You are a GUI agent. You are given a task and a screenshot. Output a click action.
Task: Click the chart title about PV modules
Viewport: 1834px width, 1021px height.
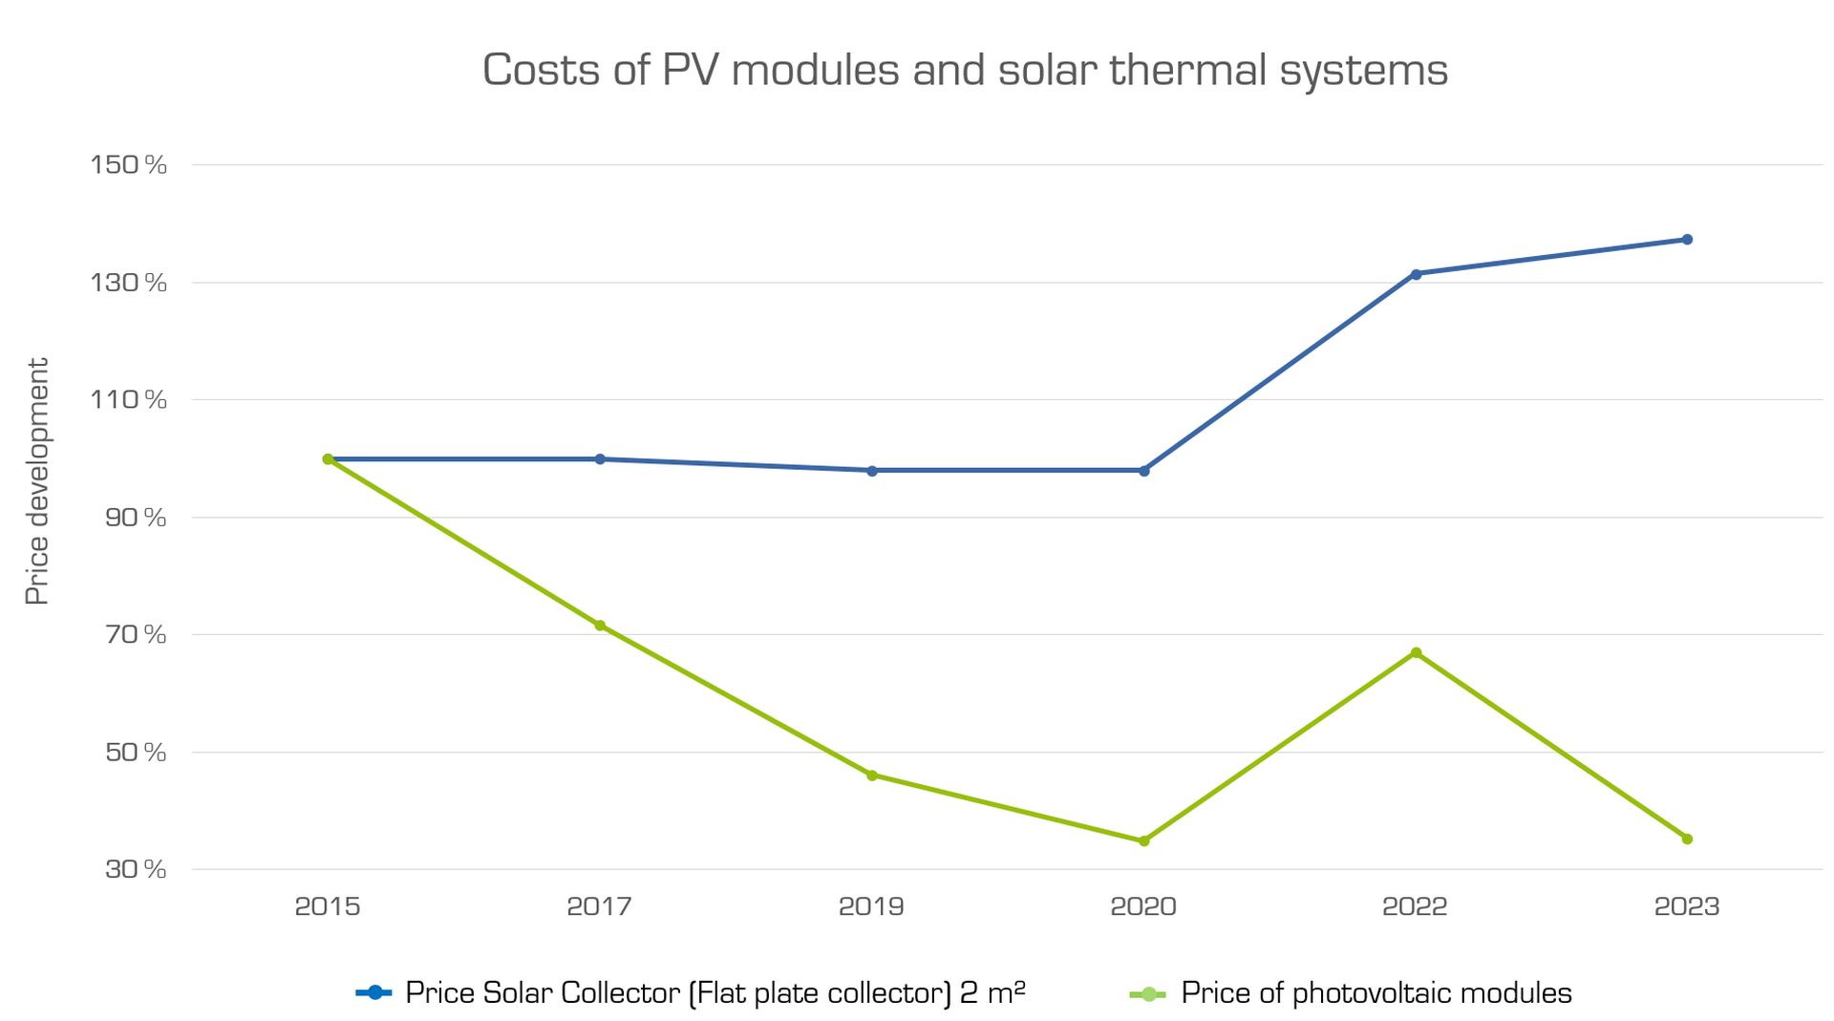click(965, 71)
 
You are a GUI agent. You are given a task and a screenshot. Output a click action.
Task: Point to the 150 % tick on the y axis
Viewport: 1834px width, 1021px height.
click(129, 165)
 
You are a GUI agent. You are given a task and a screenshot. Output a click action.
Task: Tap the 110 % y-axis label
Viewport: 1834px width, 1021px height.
click(129, 399)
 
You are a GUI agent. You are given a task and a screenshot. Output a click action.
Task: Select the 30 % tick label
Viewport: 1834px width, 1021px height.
click(136, 869)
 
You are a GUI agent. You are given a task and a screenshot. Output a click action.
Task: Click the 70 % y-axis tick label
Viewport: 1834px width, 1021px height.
click(136, 634)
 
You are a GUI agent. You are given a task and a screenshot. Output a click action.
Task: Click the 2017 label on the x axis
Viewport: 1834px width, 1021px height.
click(599, 906)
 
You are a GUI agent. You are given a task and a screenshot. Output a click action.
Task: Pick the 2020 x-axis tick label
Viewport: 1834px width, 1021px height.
click(1142, 906)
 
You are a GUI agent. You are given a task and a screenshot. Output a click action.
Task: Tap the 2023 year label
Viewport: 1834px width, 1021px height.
click(1686, 906)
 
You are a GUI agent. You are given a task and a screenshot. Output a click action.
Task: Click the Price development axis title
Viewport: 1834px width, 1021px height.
click(36, 481)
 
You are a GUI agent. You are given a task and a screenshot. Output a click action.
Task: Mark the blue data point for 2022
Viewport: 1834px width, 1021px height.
click(1416, 274)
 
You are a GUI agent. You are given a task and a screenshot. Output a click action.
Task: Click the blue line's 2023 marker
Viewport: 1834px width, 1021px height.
click(1687, 240)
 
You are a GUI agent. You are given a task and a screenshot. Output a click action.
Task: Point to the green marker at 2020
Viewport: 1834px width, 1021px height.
click(1143, 841)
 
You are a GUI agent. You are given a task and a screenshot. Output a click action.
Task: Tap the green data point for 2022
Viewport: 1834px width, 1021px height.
click(1416, 653)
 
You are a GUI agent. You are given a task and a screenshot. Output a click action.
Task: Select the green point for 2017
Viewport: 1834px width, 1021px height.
click(600, 626)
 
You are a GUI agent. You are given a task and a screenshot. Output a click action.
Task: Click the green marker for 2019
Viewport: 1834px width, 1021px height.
click(872, 776)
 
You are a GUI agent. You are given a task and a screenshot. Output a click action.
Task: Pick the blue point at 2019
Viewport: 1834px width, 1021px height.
click(872, 471)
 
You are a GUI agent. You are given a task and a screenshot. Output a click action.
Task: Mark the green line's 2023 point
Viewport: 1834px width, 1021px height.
click(1687, 840)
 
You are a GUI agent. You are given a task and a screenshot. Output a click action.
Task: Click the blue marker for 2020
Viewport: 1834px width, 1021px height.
click(1143, 471)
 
